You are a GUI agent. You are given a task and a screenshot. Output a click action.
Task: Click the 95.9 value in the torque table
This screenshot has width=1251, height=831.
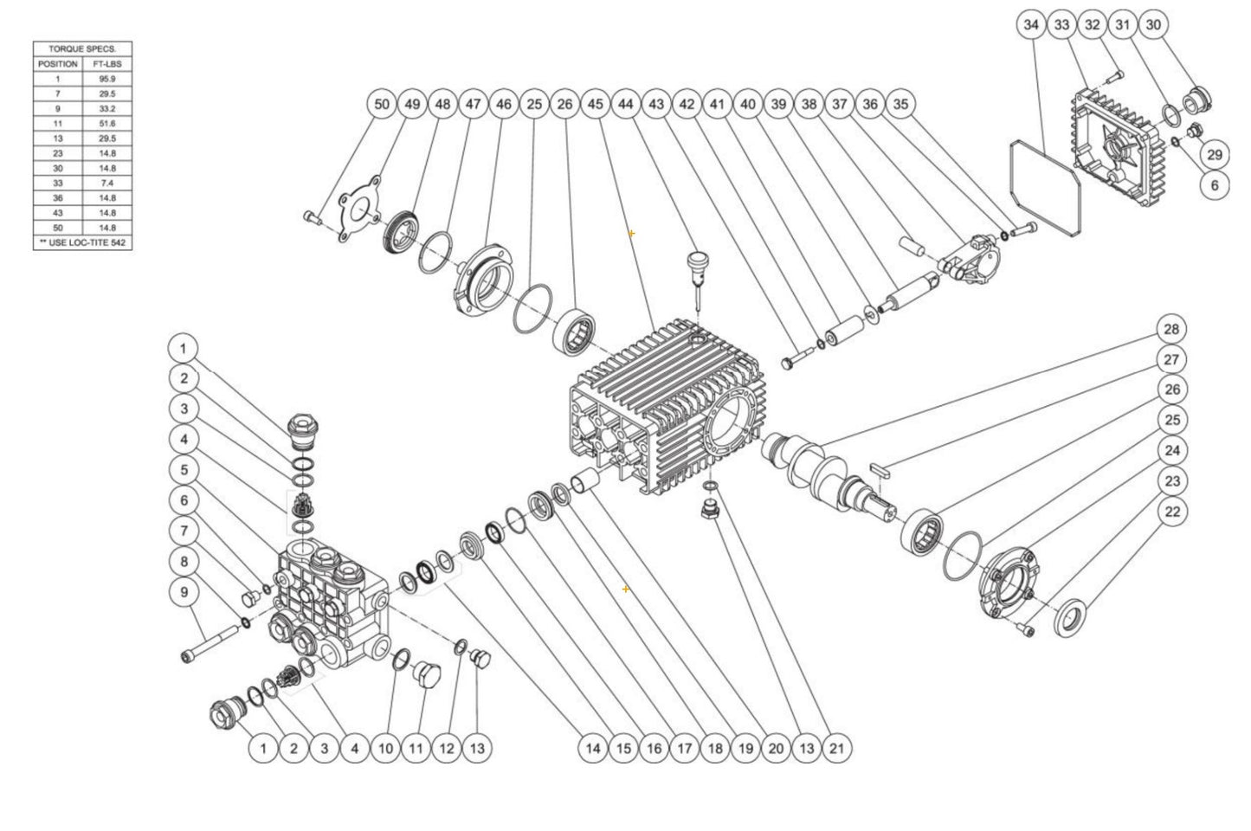[x=108, y=79]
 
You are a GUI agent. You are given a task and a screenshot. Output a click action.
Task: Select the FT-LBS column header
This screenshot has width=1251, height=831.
[x=108, y=64]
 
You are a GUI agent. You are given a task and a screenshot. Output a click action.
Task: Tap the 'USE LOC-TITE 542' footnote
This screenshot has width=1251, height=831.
[x=83, y=243]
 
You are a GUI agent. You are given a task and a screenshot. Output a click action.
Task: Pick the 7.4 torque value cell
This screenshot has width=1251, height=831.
[x=108, y=184]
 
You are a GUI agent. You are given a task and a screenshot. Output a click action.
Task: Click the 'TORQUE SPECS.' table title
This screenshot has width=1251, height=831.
[x=83, y=49]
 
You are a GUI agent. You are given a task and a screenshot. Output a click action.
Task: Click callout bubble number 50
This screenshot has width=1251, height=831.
[x=382, y=104]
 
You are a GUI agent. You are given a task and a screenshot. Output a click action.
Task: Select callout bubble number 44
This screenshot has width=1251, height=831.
[x=626, y=104]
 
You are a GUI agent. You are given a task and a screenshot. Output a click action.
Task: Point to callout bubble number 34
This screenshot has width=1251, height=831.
[x=1030, y=25]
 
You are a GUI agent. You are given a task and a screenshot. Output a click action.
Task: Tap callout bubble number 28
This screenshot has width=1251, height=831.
[x=1171, y=329]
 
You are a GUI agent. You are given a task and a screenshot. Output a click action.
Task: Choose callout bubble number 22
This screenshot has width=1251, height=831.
[x=1171, y=512]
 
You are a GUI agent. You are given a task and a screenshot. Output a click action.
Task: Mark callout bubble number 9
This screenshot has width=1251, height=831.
[x=183, y=592]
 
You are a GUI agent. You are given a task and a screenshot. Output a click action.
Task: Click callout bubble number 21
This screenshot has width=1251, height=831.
[x=835, y=748]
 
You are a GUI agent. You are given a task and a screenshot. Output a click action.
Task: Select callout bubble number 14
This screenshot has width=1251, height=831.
[x=592, y=748]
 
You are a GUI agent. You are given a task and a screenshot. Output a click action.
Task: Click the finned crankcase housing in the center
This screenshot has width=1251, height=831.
[x=667, y=407]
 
